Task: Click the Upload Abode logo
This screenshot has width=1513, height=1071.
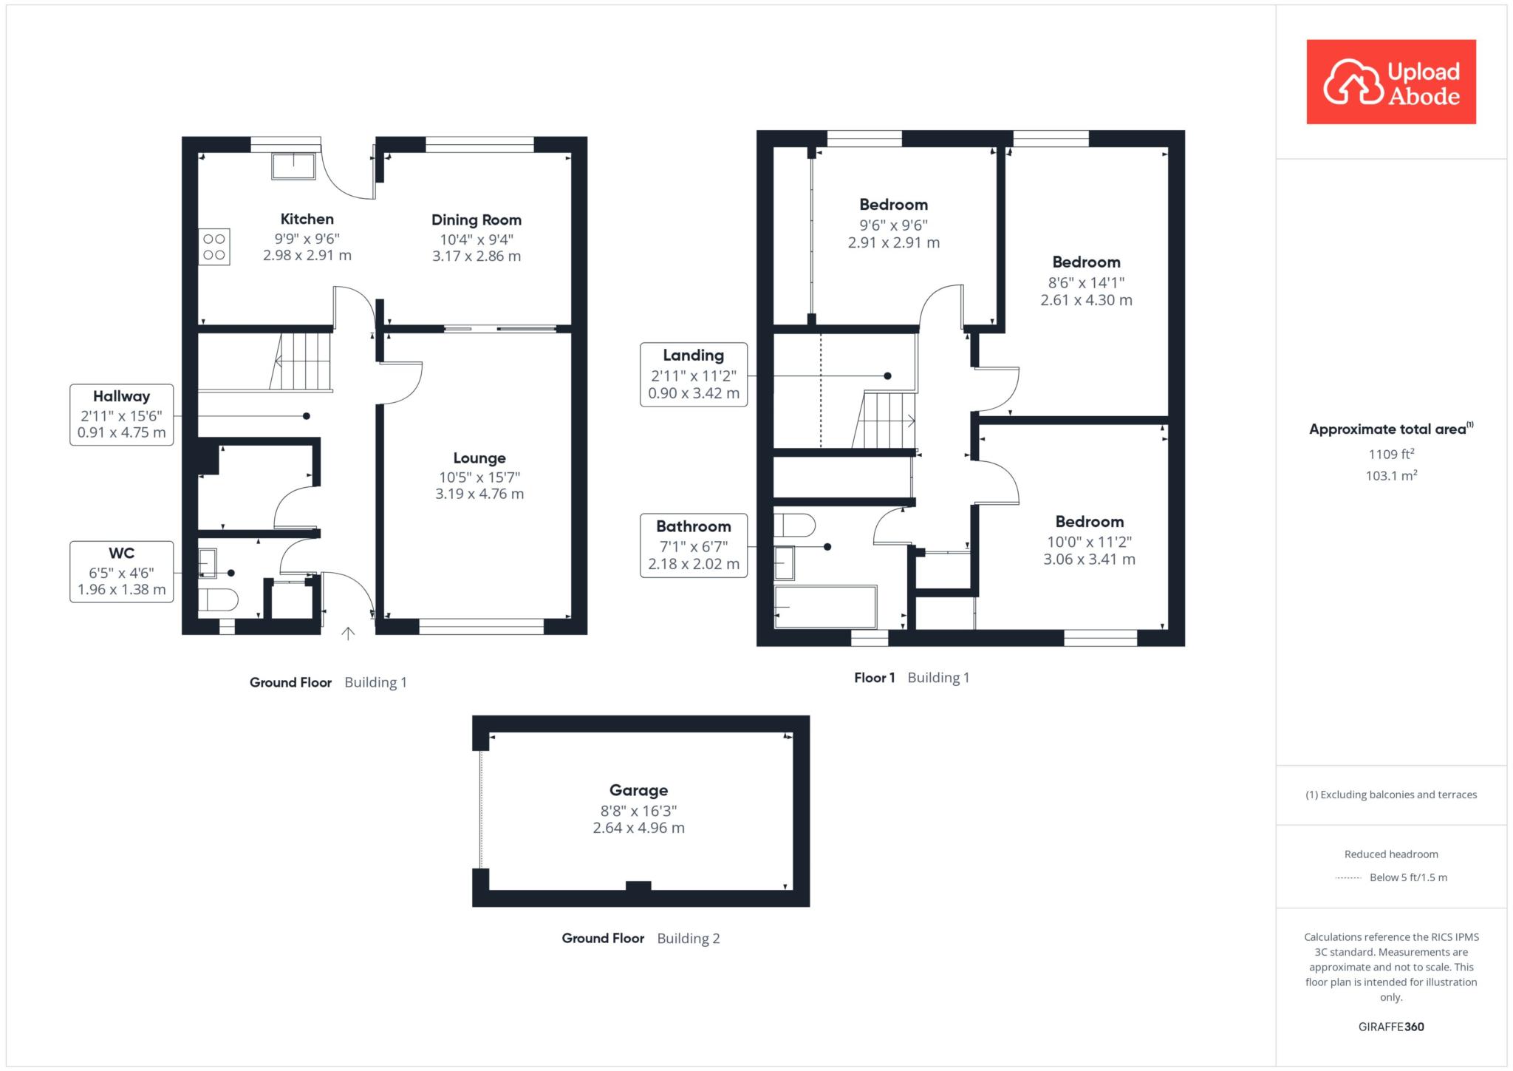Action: (1391, 82)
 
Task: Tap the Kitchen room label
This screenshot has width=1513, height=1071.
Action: (307, 219)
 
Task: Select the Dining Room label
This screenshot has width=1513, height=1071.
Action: (477, 220)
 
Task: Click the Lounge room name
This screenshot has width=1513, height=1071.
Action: (479, 458)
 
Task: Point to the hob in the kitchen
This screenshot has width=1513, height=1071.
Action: (214, 247)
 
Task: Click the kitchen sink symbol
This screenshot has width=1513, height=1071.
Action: (294, 166)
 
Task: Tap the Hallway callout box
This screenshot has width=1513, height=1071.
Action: (122, 415)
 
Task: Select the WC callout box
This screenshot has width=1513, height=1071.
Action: (122, 571)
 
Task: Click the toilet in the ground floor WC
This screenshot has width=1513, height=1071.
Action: (217, 599)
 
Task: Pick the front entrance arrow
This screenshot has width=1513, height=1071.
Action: (348, 633)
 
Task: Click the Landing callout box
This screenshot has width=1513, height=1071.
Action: (694, 375)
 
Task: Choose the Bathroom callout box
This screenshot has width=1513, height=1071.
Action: (694, 545)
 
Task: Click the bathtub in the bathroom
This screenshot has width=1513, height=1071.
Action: (825, 607)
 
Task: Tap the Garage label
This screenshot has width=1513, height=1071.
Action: (639, 790)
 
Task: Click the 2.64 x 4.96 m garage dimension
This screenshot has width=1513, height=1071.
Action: (639, 828)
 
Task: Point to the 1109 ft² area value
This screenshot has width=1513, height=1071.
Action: (1392, 454)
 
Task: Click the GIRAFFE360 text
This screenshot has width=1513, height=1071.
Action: (1391, 1027)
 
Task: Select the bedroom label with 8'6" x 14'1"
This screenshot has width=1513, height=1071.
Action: (1087, 262)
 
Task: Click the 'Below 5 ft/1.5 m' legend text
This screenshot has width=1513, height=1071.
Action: (1408, 877)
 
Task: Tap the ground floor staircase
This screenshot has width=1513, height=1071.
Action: (301, 361)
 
